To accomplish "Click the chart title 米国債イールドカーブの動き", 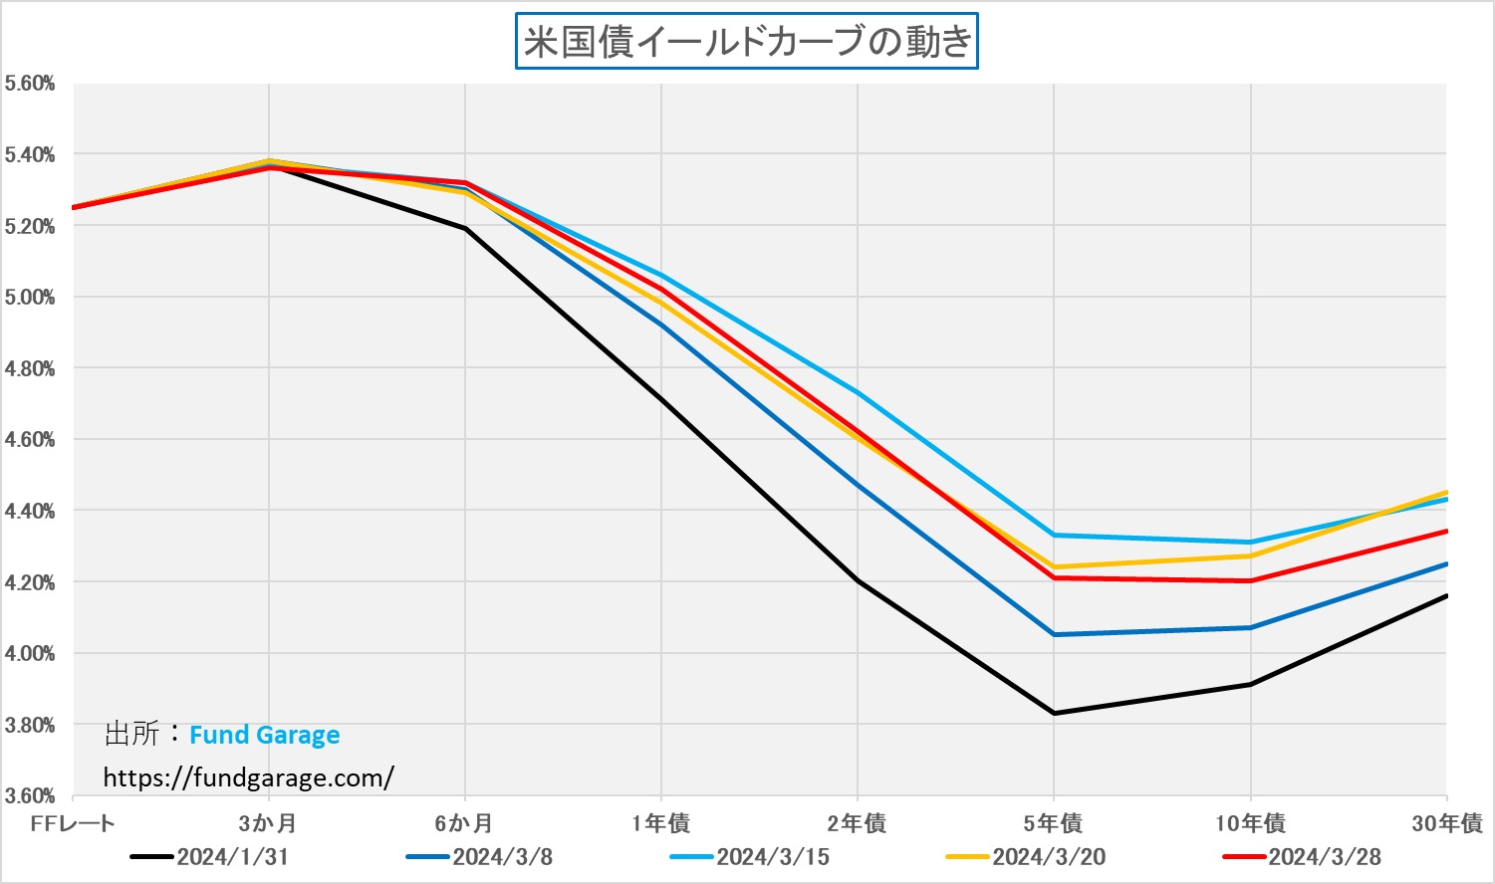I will coord(746,41).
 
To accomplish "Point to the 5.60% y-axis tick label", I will coord(29,84).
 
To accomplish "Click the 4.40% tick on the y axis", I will coord(29,511).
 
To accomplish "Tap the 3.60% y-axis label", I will coord(29,795).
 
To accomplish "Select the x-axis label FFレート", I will coord(73,823).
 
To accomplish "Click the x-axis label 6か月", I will coord(464,823).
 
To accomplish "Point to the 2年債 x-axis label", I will coord(857,823).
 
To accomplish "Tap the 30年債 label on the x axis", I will coord(1446,823).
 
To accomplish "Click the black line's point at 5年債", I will coord(1054,713).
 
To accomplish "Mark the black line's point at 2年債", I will coord(858,580).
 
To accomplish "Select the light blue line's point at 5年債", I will coord(1054,535).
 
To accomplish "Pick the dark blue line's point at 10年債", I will coord(1250,627).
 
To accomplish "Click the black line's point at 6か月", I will coord(465,229).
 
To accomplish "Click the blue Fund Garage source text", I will coord(264,736).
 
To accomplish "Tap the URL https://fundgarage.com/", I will coord(248,777).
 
